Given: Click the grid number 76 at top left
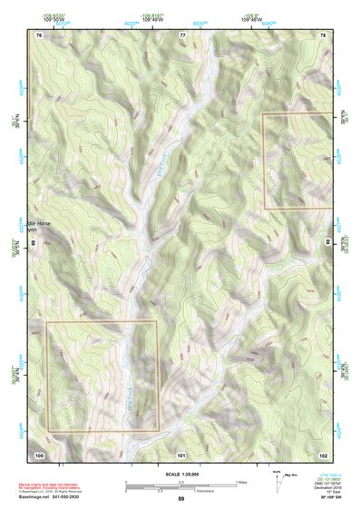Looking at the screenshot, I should pyautogui.click(x=39, y=34).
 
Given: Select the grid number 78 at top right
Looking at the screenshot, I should pyautogui.click(x=323, y=34).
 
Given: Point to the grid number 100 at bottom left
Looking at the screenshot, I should pyautogui.click(x=39, y=454).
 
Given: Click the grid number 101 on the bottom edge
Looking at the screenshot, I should pyautogui.click(x=181, y=454).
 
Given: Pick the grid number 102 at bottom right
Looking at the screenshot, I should pyautogui.click(x=323, y=454).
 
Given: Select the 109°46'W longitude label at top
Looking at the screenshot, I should pyautogui.click(x=251, y=18).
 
